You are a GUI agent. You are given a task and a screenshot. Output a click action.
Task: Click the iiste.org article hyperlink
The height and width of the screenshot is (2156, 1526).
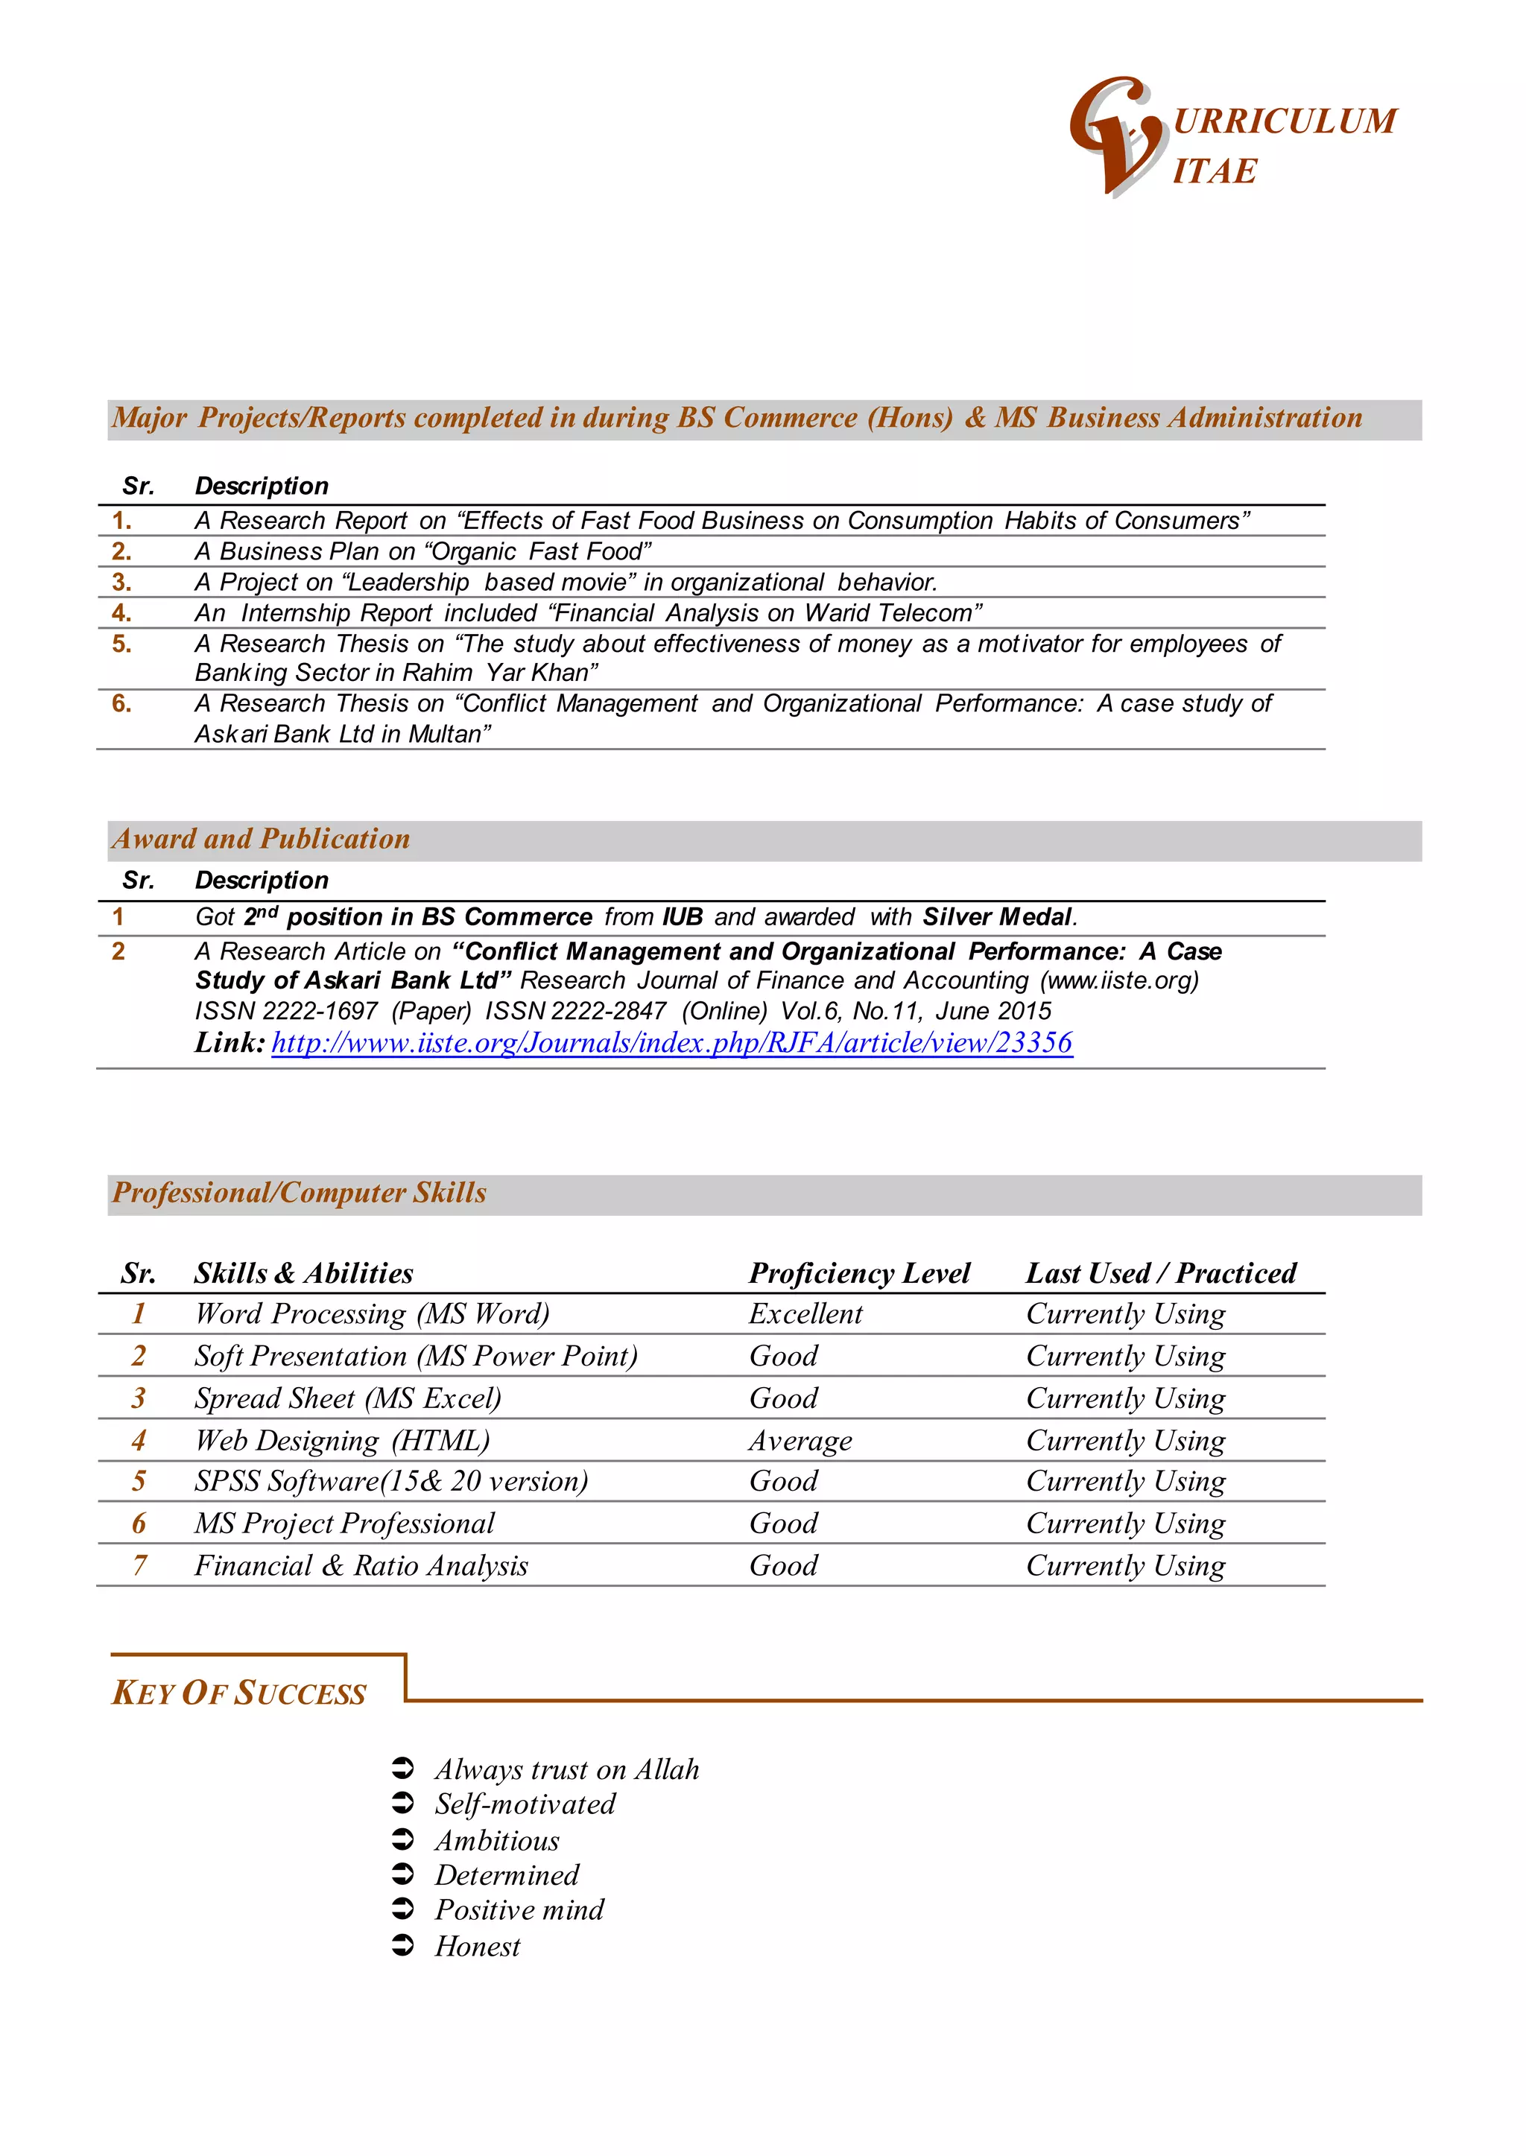point(672,1043)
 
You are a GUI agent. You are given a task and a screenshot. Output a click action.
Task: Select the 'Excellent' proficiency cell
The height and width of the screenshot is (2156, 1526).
point(805,1313)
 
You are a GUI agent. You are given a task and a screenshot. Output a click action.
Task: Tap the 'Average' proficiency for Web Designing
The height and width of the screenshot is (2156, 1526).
point(800,1440)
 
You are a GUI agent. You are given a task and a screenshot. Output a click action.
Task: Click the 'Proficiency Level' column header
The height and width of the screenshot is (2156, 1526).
point(859,1273)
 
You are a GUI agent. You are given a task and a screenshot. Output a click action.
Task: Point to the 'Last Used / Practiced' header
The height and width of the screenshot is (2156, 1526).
point(1160,1273)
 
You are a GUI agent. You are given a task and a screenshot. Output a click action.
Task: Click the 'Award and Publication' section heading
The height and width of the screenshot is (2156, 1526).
point(262,839)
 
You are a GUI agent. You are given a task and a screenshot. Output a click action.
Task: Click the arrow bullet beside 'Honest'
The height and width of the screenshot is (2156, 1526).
point(402,1946)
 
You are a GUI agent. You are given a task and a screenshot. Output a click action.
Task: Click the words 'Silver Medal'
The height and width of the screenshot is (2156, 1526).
point(997,917)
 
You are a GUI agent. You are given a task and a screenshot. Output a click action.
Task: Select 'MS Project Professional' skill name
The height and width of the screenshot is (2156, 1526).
point(344,1523)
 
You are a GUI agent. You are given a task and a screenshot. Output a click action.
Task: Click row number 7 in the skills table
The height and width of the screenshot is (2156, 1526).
point(139,1565)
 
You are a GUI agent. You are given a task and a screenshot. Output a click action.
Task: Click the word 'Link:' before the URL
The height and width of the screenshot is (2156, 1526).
point(229,1043)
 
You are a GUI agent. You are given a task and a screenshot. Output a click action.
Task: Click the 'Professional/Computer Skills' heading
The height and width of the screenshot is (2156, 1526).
point(299,1193)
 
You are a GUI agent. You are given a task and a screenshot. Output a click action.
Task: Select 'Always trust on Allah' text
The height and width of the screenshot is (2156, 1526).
point(566,1770)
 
